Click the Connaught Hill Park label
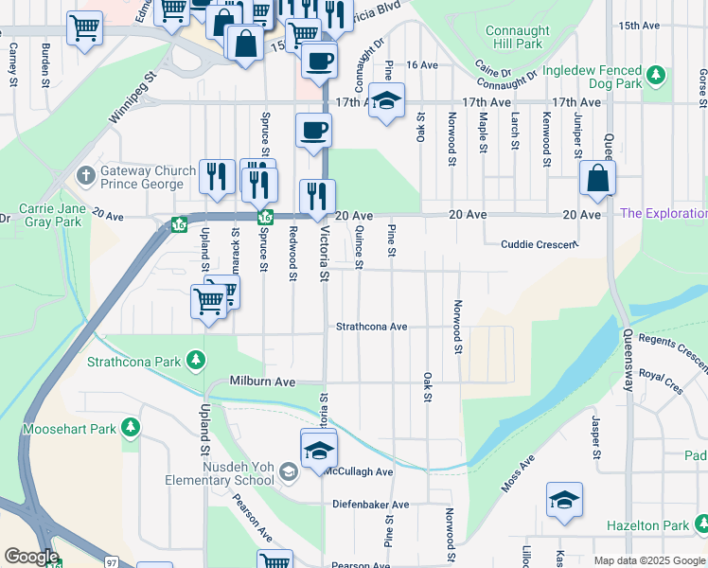pyautogui.click(x=516, y=37)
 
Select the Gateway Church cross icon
pyautogui.click(x=85, y=175)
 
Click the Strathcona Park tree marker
pyautogui.click(x=195, y=360)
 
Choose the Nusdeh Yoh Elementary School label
pyautogui.click(x=244, y=473)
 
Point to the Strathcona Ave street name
pyautogui.click(x=372, y=327)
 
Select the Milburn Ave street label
pyautogui.click(x=263, y=382)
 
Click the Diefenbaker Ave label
pyautogui.click(x=370, y=505)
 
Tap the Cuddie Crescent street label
pyautogui.click(x=539, y=244)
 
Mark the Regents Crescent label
pyautogui.click(x=672, y=340)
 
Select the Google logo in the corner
pyautogui.click(x=30, y=557)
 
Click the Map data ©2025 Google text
pyautogui.click(x=650, y=560)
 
